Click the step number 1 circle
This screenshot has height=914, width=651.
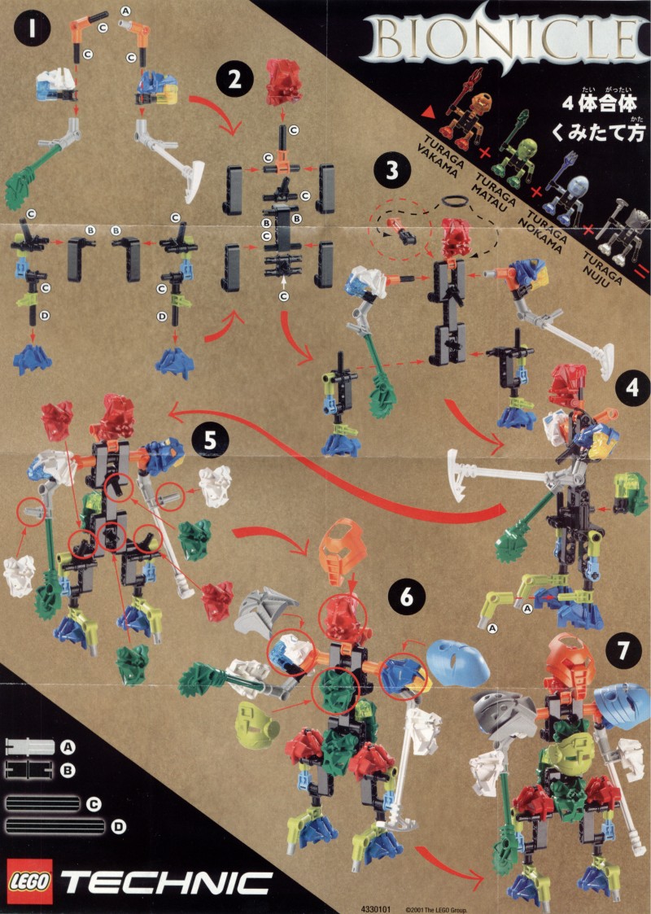[32, 28]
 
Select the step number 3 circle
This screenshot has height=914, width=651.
[391, 170]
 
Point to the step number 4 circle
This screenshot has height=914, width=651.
[632, 387]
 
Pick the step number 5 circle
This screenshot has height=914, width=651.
[209, 440]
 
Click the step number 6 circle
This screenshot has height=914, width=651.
[406, 597]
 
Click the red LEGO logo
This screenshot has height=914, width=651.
[29, 882]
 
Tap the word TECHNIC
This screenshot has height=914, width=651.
[165, 883]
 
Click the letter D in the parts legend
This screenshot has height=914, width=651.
[118, 827]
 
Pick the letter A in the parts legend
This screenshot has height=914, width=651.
[68, 746]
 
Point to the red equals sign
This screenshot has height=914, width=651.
[640, 270]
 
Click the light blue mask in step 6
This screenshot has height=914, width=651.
[457, 663]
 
